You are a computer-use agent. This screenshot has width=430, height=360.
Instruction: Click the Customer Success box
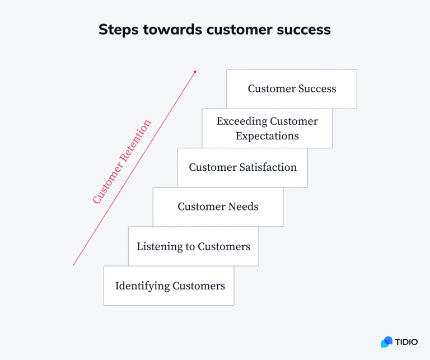pyautogui.click(x=292, y=89)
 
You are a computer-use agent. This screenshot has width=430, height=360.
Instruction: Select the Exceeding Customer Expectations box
pyautogui.click(x=267, y=129)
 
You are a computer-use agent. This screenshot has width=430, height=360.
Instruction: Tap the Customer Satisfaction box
pyautogui.click(x=242, y=167)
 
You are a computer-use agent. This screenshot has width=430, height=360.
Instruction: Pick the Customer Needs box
pyautogui.click(x=218, y=207)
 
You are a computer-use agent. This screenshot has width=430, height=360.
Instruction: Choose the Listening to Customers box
pyautogui.click(x=193, y=246)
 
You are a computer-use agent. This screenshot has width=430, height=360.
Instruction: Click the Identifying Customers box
pyautogui.click(x=169, y=286)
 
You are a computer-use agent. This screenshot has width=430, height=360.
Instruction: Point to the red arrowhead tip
pyautogui.click(x=195, y=71)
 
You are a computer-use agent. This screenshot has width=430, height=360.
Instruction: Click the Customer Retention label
pyautogui.click(x=121, y=162)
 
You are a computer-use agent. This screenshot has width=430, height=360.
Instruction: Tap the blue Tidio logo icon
pyautogui.click(x=386, y=342)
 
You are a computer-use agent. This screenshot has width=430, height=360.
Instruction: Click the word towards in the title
pyautogui.click(x=171, y=30)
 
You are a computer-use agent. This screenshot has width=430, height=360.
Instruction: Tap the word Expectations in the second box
pyautogui.click(x=267, y=136)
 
